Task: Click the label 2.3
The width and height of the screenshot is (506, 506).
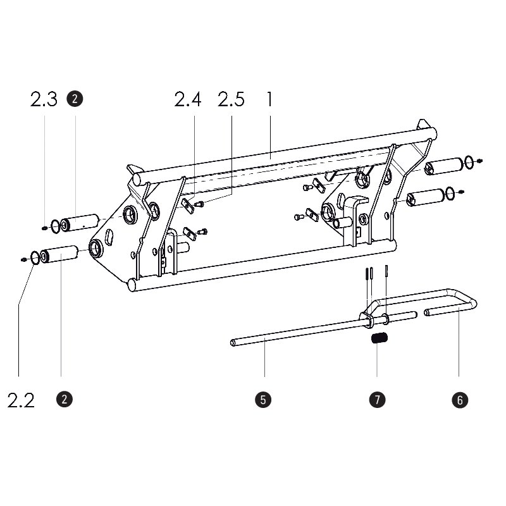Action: tap(44, 99)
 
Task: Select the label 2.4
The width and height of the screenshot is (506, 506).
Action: tap(188, 99)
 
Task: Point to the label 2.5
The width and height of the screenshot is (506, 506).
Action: tap(231, 99)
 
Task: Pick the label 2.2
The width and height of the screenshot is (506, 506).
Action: tap(21, 400)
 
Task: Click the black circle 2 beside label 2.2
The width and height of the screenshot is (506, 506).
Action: tap(63, 399)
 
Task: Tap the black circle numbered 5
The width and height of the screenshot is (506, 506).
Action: tap(263, 400)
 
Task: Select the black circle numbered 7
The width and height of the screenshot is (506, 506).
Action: tap(376, 400)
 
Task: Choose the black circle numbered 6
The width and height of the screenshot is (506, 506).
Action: tap(460, 400)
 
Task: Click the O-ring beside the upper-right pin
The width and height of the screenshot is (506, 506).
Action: tap(469, 163)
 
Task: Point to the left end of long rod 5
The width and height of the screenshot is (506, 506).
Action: tap(233, 343)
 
